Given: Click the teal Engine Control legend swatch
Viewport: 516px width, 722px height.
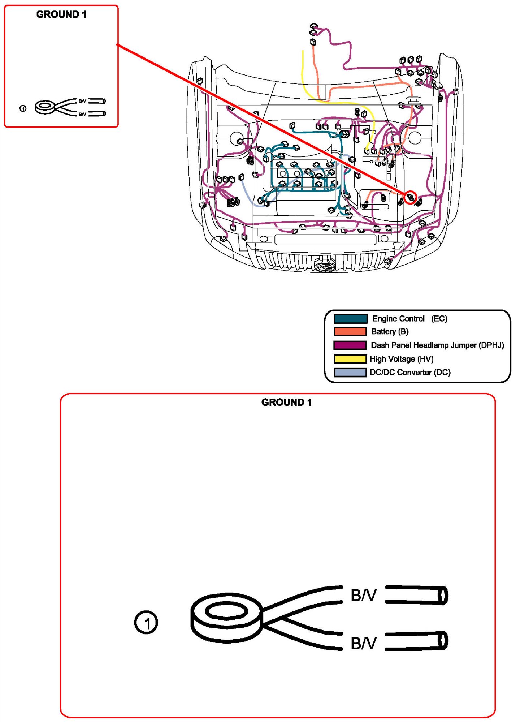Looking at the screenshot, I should pyautogui.click(x=350, y=319).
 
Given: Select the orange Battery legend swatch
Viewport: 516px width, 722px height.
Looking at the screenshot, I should pyautogui.click(x=350, y=332).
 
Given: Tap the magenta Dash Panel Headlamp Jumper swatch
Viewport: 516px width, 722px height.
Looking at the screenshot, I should pyautogui.click(x=350, y=345).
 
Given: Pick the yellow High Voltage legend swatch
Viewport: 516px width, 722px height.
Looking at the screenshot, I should pyautogui.click(x=350, y=359).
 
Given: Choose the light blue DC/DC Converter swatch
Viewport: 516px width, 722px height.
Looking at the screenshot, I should pyautogui.click(x=350, y=372).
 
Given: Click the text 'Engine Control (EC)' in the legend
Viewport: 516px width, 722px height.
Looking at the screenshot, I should pyautogui.click(x=409, y=319).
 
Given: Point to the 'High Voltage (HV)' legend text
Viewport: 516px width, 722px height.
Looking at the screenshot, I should pyautogui.click(x=402, y=359).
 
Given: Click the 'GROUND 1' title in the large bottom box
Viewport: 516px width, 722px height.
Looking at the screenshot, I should pyautogui.click(x=286, y=402).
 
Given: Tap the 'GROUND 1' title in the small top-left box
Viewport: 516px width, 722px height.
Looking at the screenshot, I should pyautogui.click(x=61, y=14).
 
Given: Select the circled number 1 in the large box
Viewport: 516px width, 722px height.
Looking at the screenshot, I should pyautogui.click(x=146, y=623).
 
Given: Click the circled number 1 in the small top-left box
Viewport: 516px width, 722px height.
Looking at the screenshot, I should pyautogui.click(x=23, y=108).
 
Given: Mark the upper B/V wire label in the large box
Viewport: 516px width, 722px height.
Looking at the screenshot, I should pyautogui.click(x=363, y=595).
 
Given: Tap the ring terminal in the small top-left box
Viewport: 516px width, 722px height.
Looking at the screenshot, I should pyautogui.click(x=45, y=107).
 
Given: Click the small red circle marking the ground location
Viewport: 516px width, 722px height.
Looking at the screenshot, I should pyautogui.click(x=410, y=197).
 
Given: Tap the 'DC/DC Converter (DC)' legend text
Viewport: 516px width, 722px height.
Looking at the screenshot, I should pyautogui.click(x=410, y=372).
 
